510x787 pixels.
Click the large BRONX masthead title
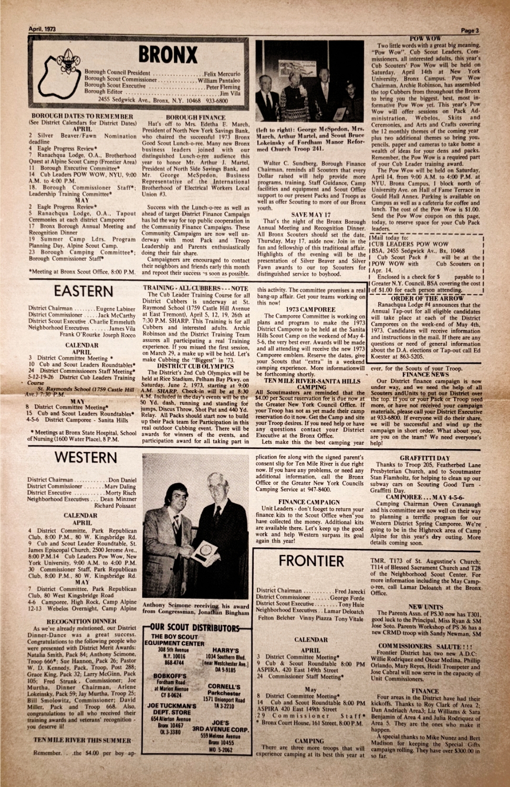[168, 55]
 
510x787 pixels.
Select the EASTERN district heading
[83, 291]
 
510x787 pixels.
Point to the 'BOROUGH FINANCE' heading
[195, 118]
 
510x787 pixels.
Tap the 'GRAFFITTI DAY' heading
[424, 458]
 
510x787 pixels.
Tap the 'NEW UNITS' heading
[425, 607]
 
